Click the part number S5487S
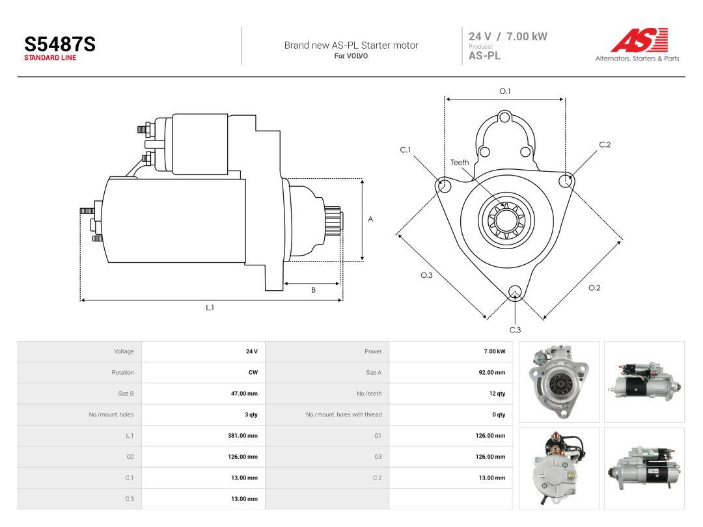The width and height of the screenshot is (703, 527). [60, 44]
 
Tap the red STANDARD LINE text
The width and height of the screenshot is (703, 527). [50, 58]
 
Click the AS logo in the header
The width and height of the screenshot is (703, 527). [639, 40]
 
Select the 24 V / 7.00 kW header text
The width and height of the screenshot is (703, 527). [508, 36]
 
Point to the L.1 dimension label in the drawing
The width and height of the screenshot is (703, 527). [210, 308]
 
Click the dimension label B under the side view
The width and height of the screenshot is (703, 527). [313, 290]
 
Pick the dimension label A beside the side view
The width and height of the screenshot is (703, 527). [370, 219]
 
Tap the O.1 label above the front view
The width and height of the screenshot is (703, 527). [505, 91]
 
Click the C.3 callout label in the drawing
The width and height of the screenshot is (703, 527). [515, 330]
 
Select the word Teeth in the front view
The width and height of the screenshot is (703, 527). [460, 162]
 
